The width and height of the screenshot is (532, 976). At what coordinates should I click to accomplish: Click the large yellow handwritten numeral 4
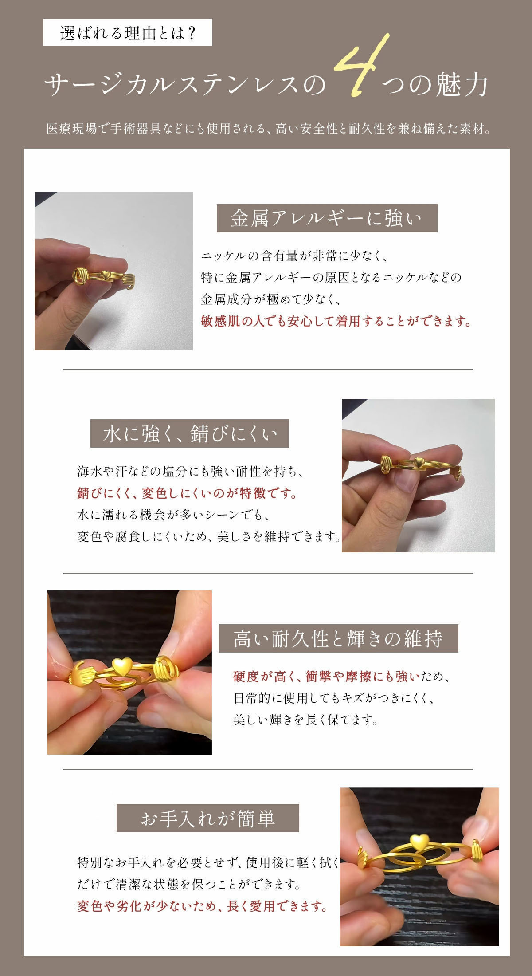pyautogui.click(x=361, y=67)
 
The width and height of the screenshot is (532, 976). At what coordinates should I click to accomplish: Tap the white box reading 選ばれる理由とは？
pyautogui.click(x=128, y=33)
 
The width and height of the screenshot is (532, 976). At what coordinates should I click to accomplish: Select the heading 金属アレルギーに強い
pyautogui.click(x=327, y=218)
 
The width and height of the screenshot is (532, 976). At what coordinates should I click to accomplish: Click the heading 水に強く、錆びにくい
pyautogui.click(x=190, y=433)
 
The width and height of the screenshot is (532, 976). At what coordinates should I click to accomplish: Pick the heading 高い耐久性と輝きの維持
pyautogui.click(x=338, y=638)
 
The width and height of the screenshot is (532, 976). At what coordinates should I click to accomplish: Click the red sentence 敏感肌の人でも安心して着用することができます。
pyautogui.click(x=336, y=321)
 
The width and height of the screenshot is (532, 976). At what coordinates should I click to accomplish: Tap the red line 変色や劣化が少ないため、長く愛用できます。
pyautogui.click(x=203, y=906)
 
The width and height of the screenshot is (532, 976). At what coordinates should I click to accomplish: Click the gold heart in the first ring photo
pyautogui.click(x=107, y=275)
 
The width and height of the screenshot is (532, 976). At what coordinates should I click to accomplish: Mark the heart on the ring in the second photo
pyautogui.click(x=418, y=462)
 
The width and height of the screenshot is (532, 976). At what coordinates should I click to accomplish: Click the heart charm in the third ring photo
pyautogui.click(x=121, y=666)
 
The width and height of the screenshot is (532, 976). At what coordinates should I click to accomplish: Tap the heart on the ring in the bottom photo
pyautogui.click(x=419, y=841)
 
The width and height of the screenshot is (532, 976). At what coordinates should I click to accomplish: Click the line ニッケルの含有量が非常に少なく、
pyautogui.click(x=295, y=256)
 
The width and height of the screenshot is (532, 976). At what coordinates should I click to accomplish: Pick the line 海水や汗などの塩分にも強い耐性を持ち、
pyautogui.click(x=191, y=472)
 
